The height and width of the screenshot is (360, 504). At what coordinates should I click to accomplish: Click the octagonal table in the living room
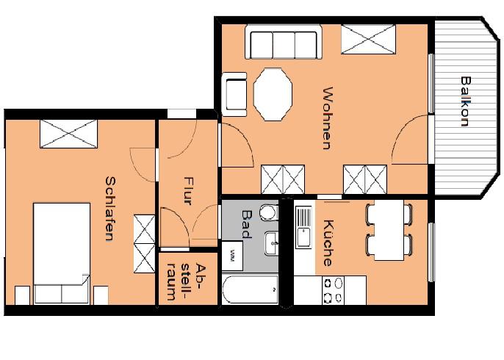273,95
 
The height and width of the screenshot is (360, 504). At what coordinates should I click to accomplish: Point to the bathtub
250,291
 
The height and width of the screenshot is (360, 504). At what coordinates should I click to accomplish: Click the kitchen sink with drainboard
303,227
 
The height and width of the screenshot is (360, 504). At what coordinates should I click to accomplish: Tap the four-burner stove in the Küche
334,289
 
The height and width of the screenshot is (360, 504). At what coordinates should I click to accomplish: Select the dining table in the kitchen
389,230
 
